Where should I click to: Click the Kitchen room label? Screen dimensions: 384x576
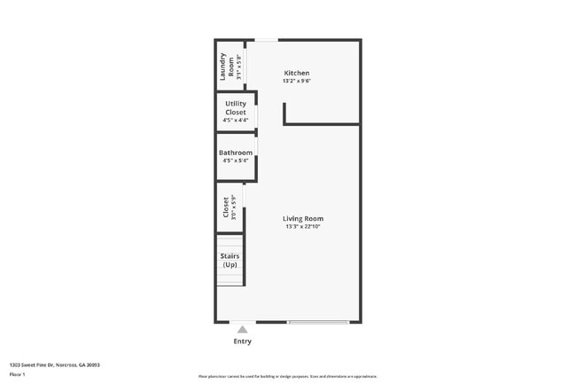(296, 73)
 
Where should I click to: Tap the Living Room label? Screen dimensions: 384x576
(303, 218)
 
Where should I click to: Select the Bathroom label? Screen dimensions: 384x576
(236, 153)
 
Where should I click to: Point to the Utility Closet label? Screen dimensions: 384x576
(236, 108)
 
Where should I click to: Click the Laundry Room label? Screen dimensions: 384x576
(228, 65)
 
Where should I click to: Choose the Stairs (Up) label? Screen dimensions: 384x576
(230, 261)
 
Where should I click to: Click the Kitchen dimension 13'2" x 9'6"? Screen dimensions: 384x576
(297, 81)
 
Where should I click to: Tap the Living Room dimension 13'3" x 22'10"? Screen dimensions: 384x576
(303, 227)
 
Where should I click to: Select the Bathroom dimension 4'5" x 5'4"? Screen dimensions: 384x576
(236, 161)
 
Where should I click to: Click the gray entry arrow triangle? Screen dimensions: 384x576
(242, 329)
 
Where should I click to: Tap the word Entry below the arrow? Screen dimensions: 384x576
(242, 341)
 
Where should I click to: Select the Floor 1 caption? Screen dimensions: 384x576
(18, 375)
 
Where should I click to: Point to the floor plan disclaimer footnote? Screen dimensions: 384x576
(287, 376)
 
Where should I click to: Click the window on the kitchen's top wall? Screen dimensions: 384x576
(266, 40)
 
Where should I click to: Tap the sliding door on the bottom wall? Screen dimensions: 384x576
(317, 322)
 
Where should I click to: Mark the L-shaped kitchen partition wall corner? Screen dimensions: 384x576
(285, 123)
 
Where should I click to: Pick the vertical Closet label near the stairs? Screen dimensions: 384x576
(227, 208)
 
